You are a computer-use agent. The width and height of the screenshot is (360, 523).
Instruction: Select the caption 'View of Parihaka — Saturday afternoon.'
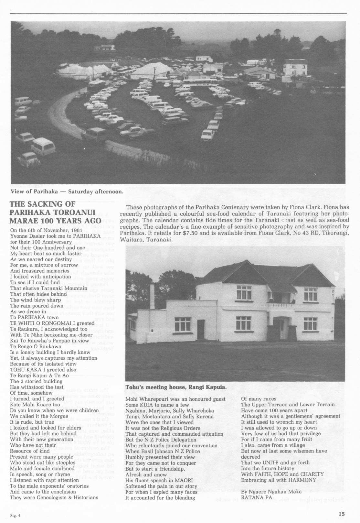67,191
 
